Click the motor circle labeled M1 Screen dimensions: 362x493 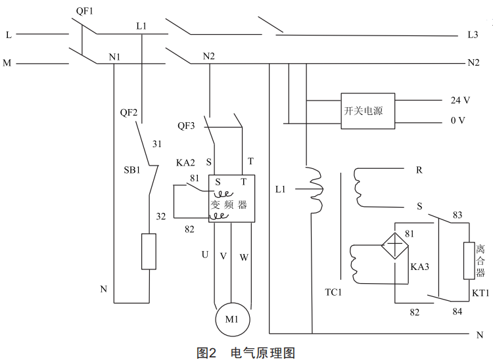[229, 320]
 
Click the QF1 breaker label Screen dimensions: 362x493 [83, 11]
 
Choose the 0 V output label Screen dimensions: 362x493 [458, 121]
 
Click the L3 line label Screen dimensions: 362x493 [473, 34]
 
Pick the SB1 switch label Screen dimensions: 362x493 [132, 170]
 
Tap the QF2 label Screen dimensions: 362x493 [129, 112]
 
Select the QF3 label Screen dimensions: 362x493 [187, 125]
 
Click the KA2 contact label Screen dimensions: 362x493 [187, 162]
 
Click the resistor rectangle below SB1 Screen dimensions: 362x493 [149, 252]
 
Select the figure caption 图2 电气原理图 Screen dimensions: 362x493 [246, 353]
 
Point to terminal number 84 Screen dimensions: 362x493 [458, 311]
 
